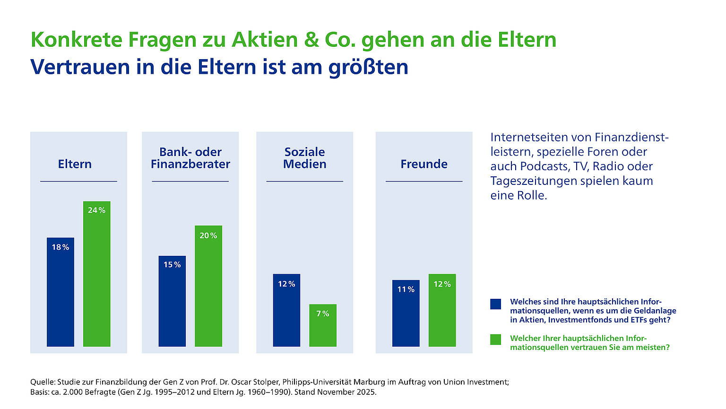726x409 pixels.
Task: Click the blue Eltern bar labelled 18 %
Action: (x=60, y=292)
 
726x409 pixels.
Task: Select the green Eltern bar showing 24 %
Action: (x=96, y=274)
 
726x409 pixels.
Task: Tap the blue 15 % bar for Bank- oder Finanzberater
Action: (x=172, y=301)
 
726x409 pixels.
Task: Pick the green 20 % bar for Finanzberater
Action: (x=208, y=286)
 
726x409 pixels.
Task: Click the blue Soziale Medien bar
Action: (x=286, y=310)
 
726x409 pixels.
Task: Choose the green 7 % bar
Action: (x=323, y=325)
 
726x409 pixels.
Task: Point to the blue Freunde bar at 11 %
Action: (x=406, y=313)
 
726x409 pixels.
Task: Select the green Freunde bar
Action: (x=442, y=310)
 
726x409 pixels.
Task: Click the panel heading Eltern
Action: (x=75, y=164)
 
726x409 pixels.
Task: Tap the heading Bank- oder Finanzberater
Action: (x=190, y=158)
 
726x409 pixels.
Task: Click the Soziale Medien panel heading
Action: (x=305, y=158)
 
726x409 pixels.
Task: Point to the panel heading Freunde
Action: (x=424, y=164)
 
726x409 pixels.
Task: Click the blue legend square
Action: (x=495, y=304)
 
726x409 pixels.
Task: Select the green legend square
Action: (x=495, y=339)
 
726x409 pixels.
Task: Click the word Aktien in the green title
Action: (x=259, y=40)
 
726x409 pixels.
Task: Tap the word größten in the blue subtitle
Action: (x=368, y=67)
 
